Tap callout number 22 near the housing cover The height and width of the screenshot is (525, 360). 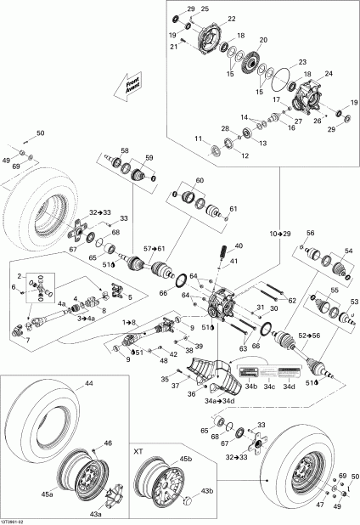[232, 18]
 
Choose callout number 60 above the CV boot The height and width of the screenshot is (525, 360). [200, 181]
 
